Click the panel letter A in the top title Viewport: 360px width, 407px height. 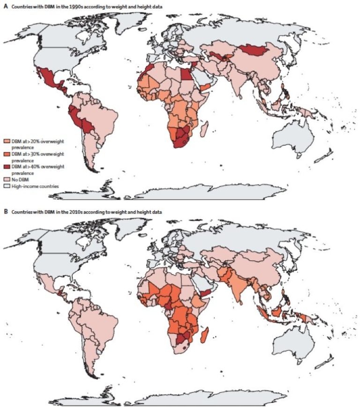point(4,4)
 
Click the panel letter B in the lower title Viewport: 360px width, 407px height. point(4,212)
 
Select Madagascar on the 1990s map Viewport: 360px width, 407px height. point(204,128)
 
